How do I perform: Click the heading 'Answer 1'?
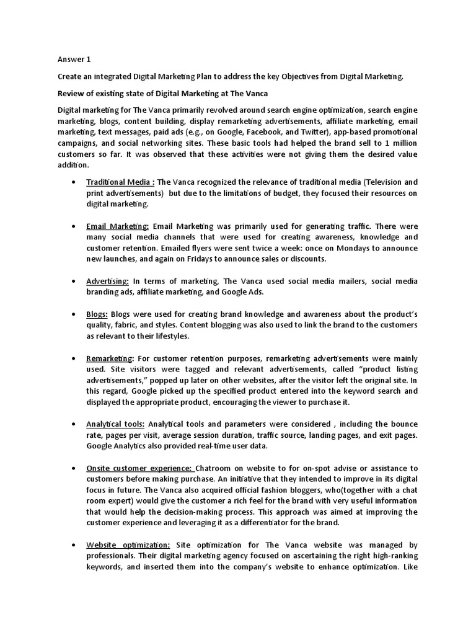pos(73,60)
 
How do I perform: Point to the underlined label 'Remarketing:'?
pos(110,359)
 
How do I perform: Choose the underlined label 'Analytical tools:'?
pos(115,424)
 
